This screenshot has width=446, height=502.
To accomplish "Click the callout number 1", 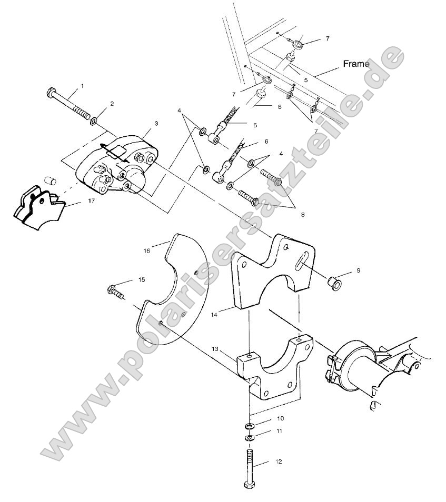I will point(81,85).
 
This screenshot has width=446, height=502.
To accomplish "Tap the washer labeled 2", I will point(94,122).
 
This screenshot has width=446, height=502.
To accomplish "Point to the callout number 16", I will point(146,251).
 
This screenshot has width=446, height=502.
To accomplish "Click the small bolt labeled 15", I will point(115,290).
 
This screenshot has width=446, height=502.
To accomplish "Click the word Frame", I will point(356,64).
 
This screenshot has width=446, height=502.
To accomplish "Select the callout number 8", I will point(302,214).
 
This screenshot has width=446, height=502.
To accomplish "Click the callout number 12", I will point(278,461).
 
